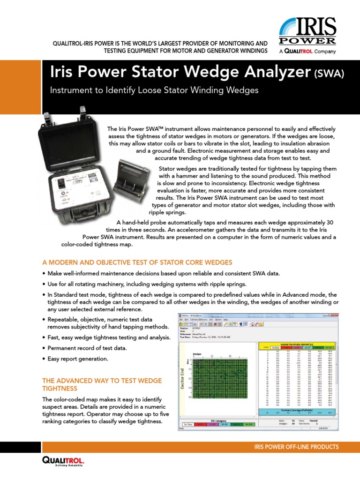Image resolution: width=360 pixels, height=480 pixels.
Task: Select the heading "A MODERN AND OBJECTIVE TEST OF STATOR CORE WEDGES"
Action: pos(137,262)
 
